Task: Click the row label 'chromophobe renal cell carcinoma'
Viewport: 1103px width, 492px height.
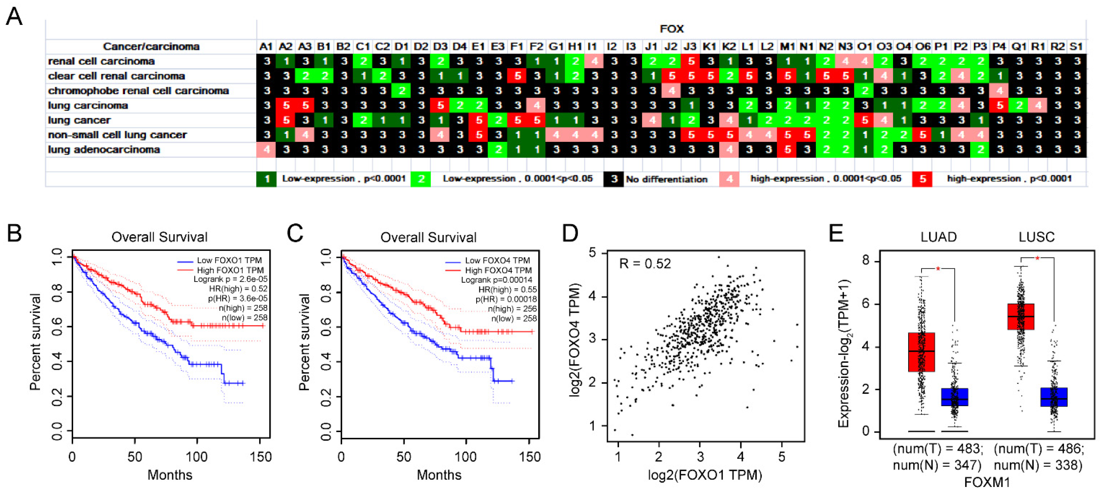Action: pyautogui.click(x=138, y=91)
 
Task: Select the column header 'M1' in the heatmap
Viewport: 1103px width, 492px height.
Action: pyautogui.click(x=787, y=46)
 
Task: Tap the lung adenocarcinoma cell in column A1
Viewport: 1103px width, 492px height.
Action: pyautogui.click(x=266, y=150)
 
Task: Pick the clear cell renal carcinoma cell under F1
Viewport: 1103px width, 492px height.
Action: pyautogui.click(x=517, y=76)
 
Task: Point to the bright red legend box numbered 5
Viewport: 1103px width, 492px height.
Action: pyautogui.click(x=922, y=179)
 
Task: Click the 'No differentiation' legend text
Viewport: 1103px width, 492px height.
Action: pyautogui.click(x=666, y=179)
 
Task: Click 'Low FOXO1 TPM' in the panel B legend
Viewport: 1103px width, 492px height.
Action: pyautogui.click(x=229, y=260)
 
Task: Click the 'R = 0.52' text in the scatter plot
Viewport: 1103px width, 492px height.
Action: pyautogui.click(x=645, y=264)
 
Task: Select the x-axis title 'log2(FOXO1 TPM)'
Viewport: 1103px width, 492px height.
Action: pyautogui.click(x=705, y=475)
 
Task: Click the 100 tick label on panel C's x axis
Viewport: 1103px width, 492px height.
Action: pyautogui.click(x=465, y=457)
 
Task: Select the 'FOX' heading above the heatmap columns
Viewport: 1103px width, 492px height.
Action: pyautogui.click(x=671, y=29)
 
